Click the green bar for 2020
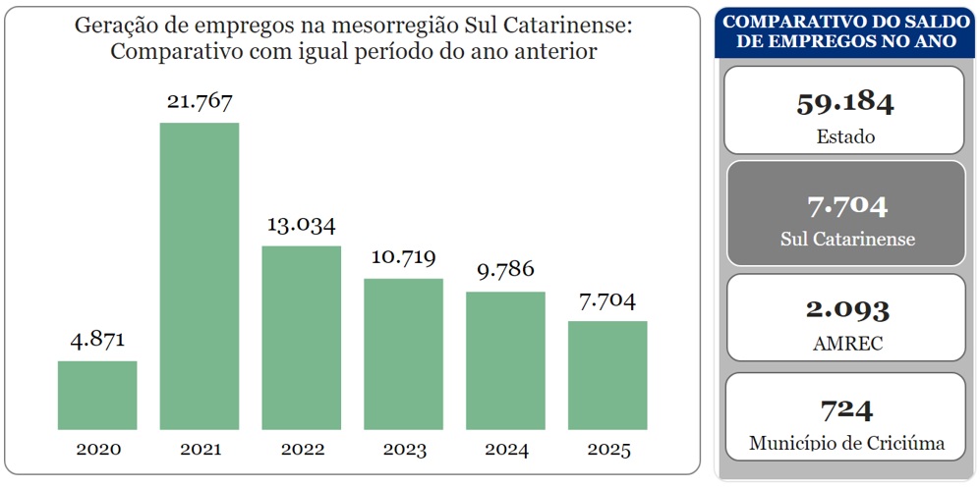point(97,395)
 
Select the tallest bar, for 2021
point(200,276)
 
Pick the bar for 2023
point(403,353)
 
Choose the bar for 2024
point(505,360)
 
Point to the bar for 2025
point(607,375)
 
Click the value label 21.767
point(200,101)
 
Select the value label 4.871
point(97,340)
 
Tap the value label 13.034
point(301,225)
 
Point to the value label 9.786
point(505,270)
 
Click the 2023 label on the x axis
point(403,450)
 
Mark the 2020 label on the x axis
point(97,450)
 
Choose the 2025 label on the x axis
point(607,450)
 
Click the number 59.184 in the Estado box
point(844,102)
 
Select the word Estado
point(844,136)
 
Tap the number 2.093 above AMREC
point(844,309)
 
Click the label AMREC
point(844,344)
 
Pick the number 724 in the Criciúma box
point(844,409)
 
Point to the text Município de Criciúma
point(846,444)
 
